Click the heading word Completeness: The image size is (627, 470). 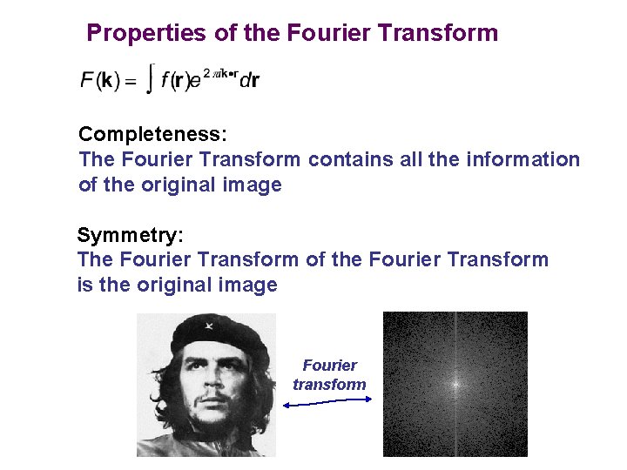point(152,135)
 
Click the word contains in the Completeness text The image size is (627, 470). point(347,159)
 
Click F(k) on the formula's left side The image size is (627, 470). point(98,81)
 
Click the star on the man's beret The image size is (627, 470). point(209,328)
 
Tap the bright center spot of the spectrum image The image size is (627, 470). point(455,383)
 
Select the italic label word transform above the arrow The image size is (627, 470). point(329,384)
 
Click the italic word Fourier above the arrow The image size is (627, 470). point(329,366)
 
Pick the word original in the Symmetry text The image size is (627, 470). point(190,285)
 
